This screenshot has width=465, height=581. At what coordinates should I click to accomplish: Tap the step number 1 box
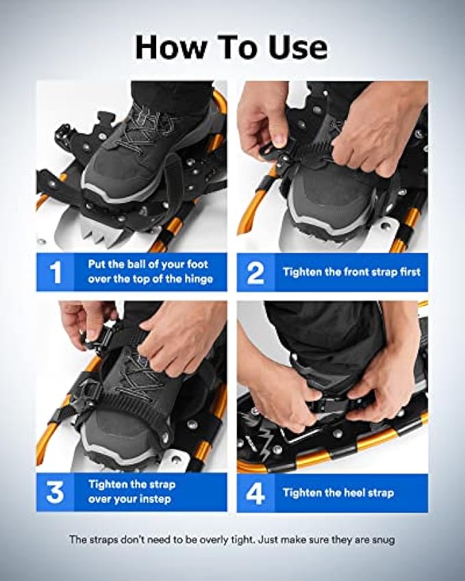pos(57,272)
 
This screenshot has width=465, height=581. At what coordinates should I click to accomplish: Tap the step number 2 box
pos(255,272)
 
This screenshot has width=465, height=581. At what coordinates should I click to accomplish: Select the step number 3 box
pos(57,491)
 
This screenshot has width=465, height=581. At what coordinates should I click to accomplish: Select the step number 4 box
pos(255,491)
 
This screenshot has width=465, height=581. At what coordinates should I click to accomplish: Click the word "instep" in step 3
pos(158,499)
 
